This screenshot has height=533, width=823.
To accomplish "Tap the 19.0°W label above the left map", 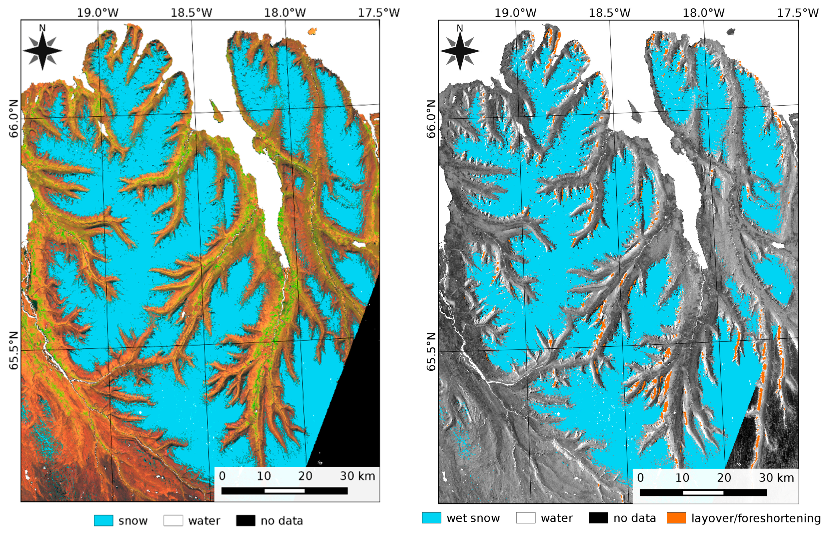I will (97, 13).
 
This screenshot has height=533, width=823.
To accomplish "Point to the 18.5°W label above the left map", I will (191, 13).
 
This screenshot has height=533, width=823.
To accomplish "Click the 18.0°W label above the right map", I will (703, 13).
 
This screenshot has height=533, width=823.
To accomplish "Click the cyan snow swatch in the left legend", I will (103, 520).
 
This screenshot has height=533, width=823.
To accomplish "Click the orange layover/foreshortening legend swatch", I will (676, 518).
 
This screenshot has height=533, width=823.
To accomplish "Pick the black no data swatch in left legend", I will (245, 520).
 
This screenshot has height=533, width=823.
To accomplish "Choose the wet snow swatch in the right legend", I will (431, 518).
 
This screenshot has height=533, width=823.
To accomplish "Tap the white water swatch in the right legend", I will (526, 518).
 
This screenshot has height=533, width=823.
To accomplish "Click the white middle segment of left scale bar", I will (284, 490).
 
